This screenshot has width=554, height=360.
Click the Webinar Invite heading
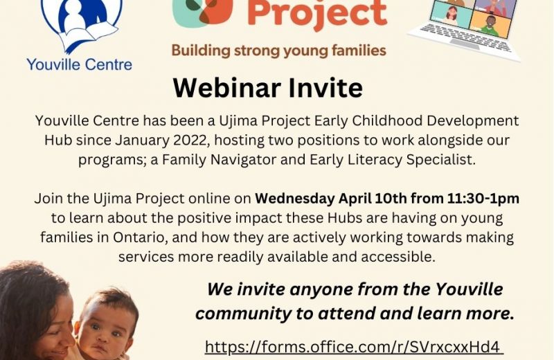tap(268, 88)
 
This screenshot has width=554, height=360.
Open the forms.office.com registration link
tap(354, 347)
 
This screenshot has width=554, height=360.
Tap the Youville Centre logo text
tap(80, 64)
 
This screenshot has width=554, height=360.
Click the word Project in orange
tap(317, 13)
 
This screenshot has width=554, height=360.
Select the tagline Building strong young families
tap(279, 51)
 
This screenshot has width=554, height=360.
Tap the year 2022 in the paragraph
tap(190, 141)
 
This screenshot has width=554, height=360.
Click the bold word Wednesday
tap(295, 199)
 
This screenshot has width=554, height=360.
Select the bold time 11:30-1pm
tap(483, 199)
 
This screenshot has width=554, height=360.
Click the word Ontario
tap(140, 237)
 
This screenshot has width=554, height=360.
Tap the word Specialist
tap(440, 160)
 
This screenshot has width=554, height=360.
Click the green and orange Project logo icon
tap(202, 12)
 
